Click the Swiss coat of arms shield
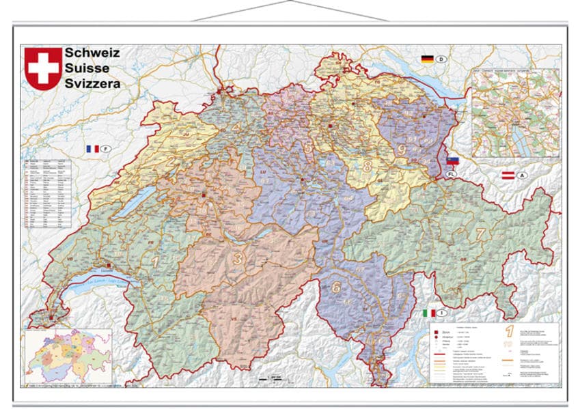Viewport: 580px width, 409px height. tap(42, 68)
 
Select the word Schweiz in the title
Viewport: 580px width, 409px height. tap(92, 53)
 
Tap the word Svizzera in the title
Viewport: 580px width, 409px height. tap(92, 83)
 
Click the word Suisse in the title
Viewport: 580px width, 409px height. tap(87, 68)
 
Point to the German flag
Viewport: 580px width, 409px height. tap(428, 59)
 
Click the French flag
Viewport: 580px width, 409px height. tap(92, 148)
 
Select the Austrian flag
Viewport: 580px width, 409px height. tap(508, 175)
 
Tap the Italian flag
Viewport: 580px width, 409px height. tap(429, 313)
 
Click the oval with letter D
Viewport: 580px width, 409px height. tap(442, 60)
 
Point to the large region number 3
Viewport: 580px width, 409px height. tap(238, 258)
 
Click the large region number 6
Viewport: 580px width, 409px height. tap(336, 287)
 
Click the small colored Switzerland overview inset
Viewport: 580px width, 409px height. tap(68, 355)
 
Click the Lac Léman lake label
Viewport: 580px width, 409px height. tap(95, 283)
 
